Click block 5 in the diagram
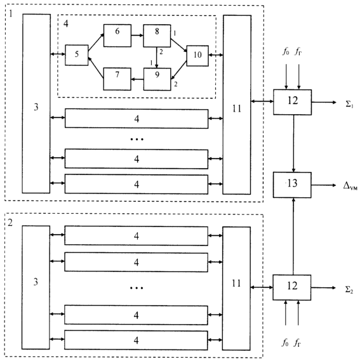76,55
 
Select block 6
117,36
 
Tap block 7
117,79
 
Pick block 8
157,36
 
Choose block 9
157,79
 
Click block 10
197,56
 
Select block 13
292,185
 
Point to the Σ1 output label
349,104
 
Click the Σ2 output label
349,289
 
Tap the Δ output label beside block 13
350,186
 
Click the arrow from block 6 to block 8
137,36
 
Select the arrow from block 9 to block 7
137,79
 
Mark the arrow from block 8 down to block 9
157,58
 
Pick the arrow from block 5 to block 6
96,42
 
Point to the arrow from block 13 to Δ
324,185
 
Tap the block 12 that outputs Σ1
292,102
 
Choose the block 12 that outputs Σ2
292,287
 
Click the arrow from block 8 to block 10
179,45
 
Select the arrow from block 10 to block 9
179,70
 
